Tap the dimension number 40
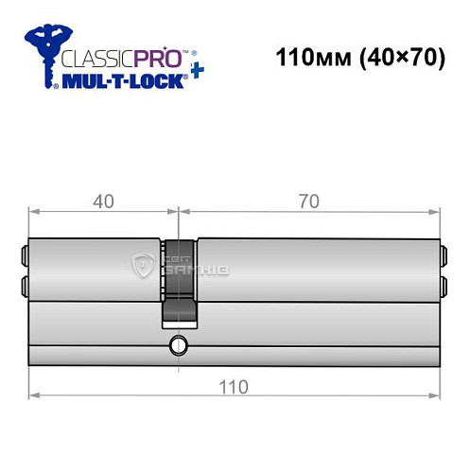pos(103,201)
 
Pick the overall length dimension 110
pos(235,386)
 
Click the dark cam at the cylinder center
pos(181,279)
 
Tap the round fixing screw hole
pos(176,346)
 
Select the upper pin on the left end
pos(24,253)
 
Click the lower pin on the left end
pos(24,283)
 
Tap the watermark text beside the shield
pos(194,269)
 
